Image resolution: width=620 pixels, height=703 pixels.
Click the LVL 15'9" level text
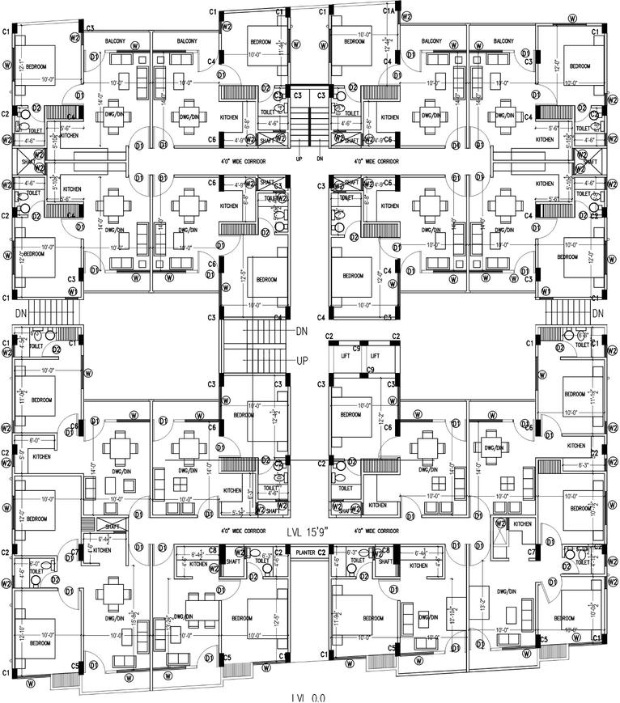click(310, 532)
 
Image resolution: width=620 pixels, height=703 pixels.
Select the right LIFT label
click(375, 355)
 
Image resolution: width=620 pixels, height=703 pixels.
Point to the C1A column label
click(389, 11)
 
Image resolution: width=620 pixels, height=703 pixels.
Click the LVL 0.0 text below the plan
click(308, 697)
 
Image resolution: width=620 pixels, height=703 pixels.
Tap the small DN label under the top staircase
click(320, 159)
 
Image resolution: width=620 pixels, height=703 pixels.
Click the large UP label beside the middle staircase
click(302, 360)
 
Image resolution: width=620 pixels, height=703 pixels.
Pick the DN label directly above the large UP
click(302, 331)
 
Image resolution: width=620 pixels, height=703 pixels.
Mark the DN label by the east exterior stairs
click(598, 313)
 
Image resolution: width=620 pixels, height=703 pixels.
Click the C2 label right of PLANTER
click(321, 552)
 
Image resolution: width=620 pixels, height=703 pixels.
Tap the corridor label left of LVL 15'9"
click(240, 531)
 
